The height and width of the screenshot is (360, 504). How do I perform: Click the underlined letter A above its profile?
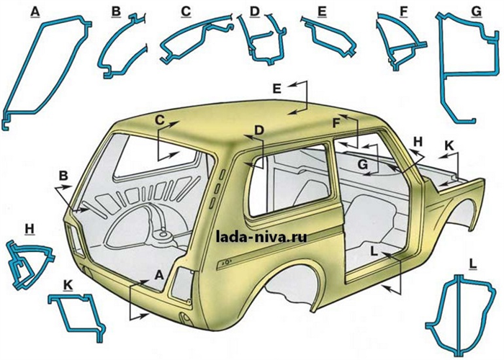pos(35,12)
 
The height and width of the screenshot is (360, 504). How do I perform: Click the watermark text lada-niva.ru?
pos(261,237)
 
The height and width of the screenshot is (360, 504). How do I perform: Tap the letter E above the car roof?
pos(276,88)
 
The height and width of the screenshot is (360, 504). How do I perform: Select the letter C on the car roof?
pos(160,120)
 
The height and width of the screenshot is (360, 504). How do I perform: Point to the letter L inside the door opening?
pos(374,251)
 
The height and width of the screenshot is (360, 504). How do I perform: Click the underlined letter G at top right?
pos(477,12)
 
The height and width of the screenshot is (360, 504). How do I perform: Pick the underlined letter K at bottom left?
pos(68,285)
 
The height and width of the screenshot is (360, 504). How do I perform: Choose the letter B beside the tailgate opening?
pos(64,176)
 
